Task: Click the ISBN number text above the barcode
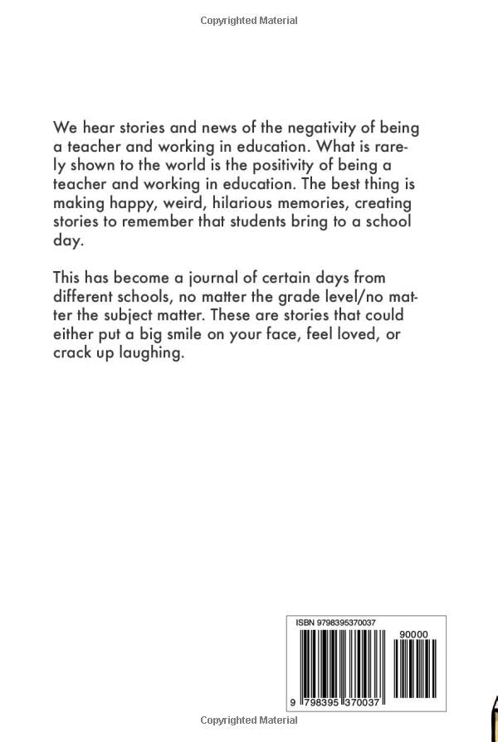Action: click(x=332, y=622)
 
